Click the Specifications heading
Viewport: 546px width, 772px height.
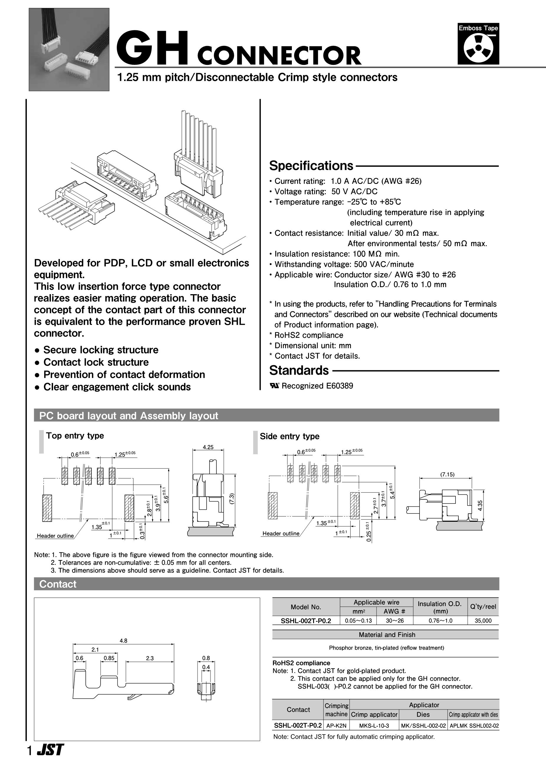[x=311, y=166]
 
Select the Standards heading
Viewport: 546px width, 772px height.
[x=299, y=370]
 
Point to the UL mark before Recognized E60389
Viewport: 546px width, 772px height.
[x=275, y=386]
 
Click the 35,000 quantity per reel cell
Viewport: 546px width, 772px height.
[x=483, y=621]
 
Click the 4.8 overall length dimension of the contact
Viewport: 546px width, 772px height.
[x=124, y=641]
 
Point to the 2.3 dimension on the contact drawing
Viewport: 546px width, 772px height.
[x=150, y=658]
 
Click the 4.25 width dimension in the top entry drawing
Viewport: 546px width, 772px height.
[x=208, y=447]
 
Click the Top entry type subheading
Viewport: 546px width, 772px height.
[x=75, y=436]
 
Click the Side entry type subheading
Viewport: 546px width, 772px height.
[x=290, y=437]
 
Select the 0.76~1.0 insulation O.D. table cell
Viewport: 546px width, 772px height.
[x=440, y=621]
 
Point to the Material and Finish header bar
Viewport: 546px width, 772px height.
[x=387, y=634]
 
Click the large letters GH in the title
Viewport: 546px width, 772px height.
[x=155, y=48]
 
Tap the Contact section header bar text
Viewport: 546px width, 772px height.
[x=58, y=584]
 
